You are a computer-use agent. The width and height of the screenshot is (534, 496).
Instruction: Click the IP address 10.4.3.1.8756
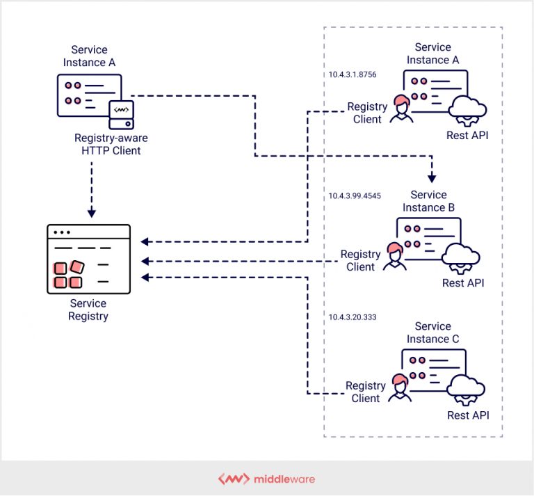click(353, 74)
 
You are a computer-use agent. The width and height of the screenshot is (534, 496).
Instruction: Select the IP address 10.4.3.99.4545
click(355, 196)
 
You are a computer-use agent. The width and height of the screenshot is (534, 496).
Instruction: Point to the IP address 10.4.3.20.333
click(353, 317)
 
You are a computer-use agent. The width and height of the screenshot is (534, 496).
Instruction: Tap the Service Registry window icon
click(88, 259)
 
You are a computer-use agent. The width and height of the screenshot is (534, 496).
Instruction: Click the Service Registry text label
click(88, 310)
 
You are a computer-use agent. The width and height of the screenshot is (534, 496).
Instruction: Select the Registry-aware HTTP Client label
click(107, 144)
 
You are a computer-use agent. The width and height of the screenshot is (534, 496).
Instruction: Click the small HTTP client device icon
click(121, 113)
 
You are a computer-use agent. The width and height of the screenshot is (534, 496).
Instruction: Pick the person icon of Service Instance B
click(395, 256)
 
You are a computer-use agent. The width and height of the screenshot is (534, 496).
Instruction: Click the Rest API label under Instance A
click(467, 135)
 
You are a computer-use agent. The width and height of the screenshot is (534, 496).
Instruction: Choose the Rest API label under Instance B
click(463, 282)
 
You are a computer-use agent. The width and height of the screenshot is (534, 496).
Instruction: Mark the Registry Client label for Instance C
click(366, 392)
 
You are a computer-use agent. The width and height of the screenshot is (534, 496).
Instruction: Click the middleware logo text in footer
click(283, 479)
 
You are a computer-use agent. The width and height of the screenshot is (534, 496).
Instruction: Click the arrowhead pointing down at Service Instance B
click(432, 178)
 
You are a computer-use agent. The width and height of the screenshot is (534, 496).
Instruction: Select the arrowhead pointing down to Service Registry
click(91, 213)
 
